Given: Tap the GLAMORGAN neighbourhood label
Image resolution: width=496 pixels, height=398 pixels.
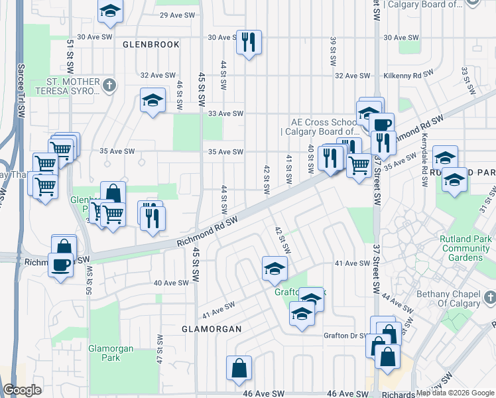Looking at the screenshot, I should [211, 329].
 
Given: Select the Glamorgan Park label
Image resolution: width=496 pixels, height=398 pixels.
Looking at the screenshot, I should [111, 352].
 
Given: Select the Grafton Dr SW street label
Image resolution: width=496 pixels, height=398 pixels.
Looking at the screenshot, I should [345, 336].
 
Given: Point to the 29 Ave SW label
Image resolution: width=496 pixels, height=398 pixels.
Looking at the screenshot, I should [177, 15].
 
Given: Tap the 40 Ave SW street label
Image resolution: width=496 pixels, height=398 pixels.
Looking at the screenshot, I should [171, 283].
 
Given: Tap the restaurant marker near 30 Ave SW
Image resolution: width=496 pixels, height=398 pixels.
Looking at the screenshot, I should [249, 42].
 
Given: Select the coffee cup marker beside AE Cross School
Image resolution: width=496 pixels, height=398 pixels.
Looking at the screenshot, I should [382, 124].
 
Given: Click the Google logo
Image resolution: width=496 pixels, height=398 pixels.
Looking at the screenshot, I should [23, 390].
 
